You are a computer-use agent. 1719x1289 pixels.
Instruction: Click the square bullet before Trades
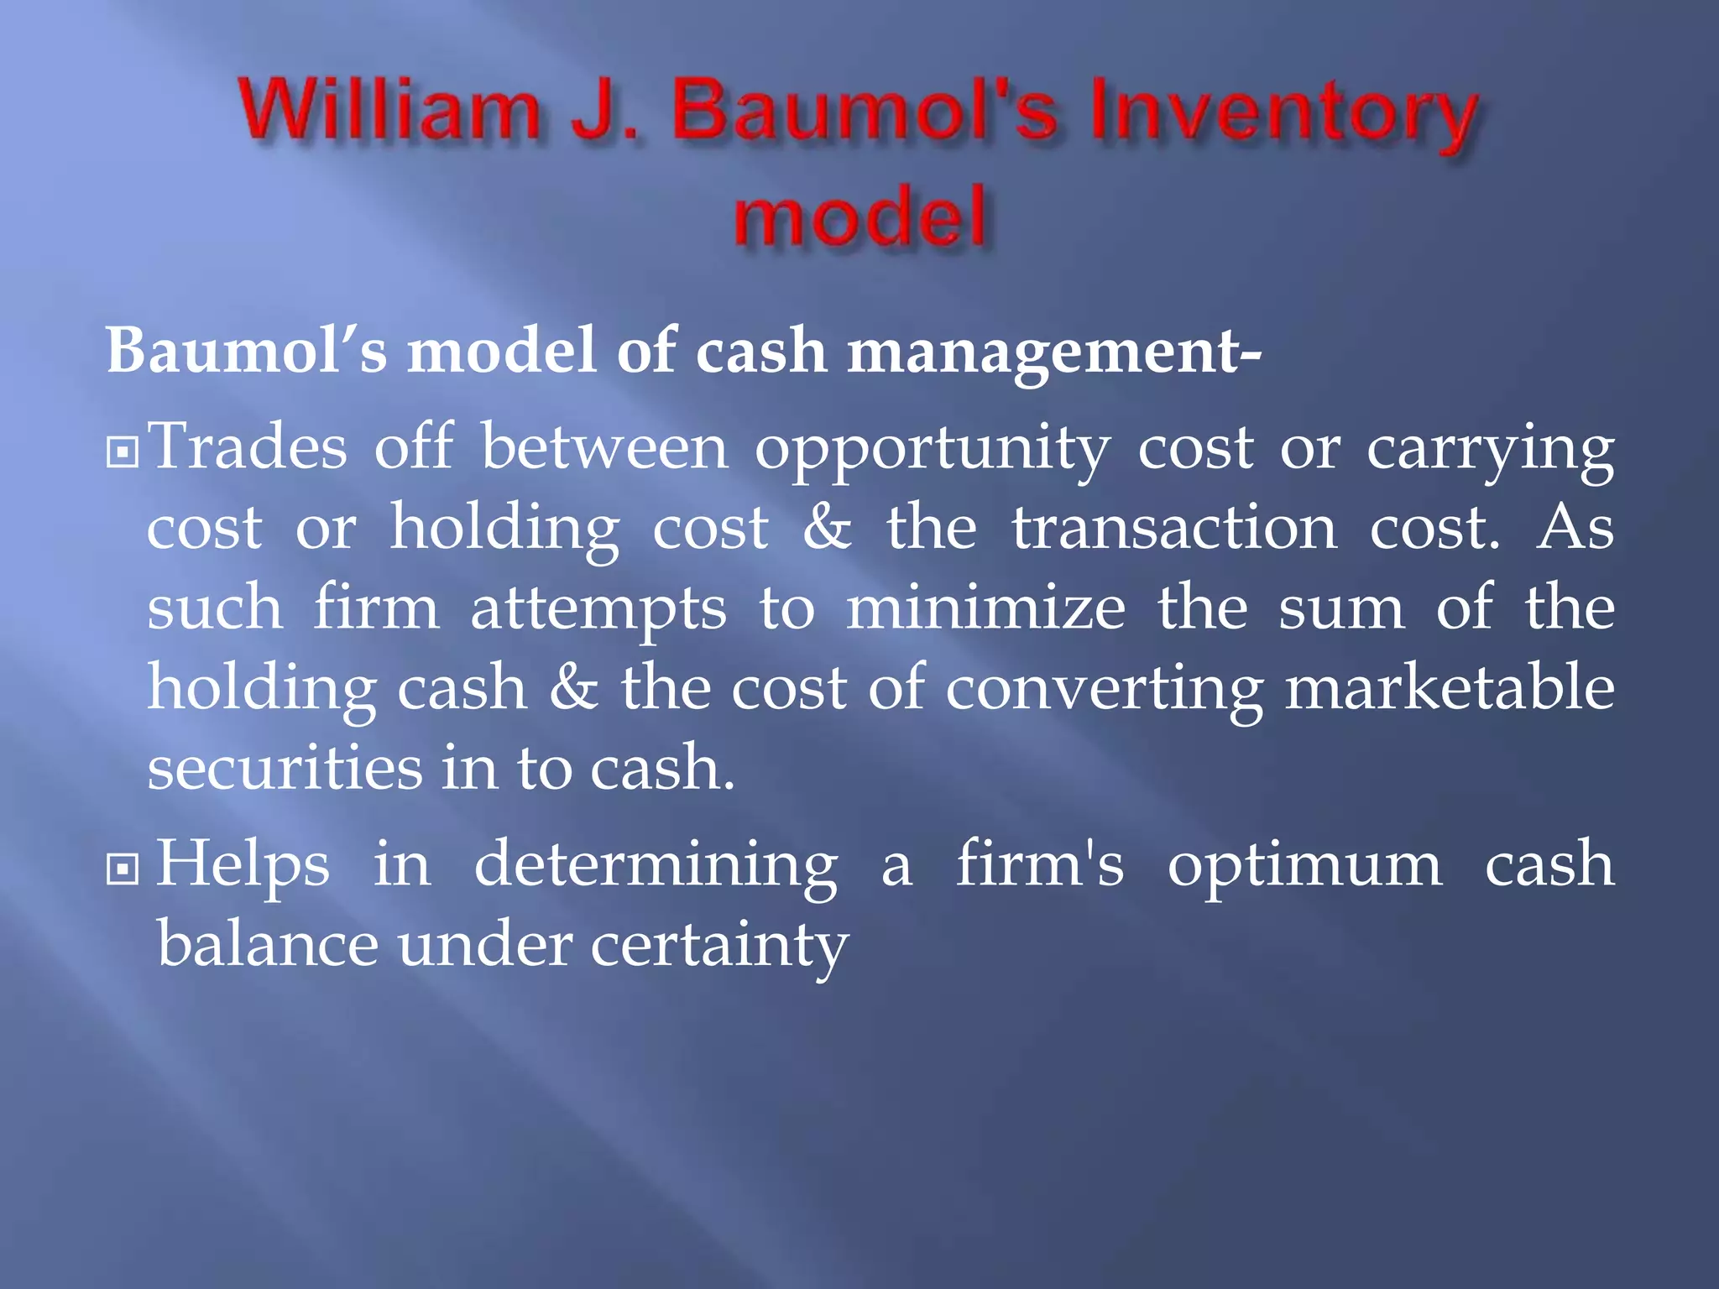point(123,453)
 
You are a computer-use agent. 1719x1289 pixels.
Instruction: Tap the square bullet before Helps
point(123,869)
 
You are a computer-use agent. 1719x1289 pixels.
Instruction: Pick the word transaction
point(1174,529)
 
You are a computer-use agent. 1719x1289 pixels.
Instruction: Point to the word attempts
point(598,609)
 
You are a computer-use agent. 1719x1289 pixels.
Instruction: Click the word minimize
point(985,609)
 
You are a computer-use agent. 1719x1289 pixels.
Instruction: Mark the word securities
point(285,768)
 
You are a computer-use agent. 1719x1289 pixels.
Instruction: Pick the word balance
point(268,945)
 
